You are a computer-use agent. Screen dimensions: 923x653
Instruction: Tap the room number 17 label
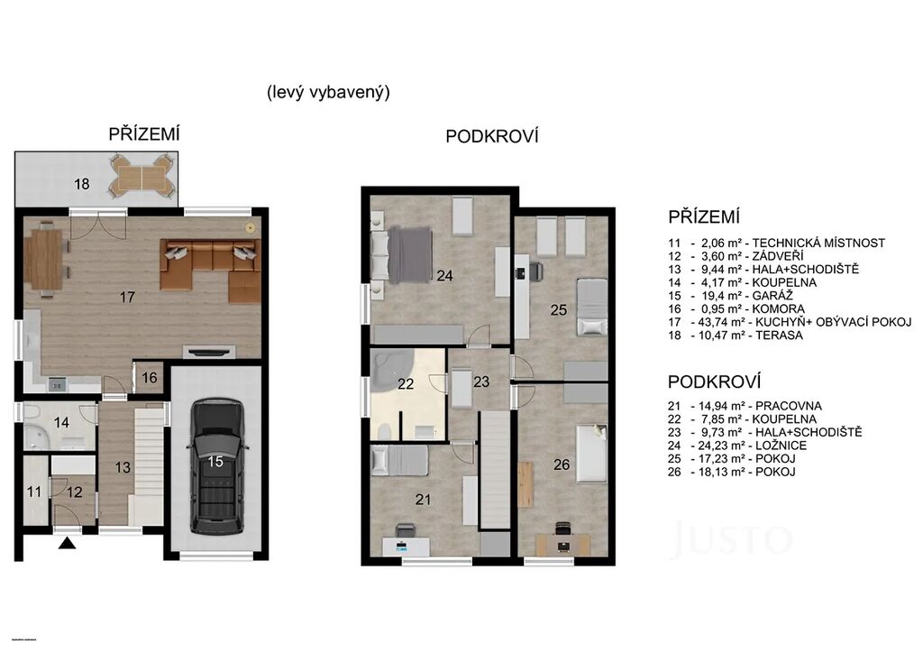(127, 298)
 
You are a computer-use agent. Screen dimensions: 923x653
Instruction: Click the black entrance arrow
(68, 544)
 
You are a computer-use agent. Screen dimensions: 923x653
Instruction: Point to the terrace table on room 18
(142, 177)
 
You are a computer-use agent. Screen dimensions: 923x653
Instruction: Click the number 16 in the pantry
(150, 377)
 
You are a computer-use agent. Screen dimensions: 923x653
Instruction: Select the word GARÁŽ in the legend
(772, 296)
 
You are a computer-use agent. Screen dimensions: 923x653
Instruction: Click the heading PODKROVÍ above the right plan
(492, 136)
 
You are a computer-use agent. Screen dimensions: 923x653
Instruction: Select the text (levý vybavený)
(328, 92)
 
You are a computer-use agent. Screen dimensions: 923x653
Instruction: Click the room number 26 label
(562, 464)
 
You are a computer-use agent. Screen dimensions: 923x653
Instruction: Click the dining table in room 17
(44, 259)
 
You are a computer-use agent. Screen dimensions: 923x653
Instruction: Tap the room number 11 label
(34, 491)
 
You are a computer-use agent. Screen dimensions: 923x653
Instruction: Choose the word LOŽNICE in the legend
(781, 446)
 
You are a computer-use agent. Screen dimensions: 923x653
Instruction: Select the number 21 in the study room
(423, 500)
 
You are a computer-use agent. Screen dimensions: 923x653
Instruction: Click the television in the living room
(209, 352)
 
